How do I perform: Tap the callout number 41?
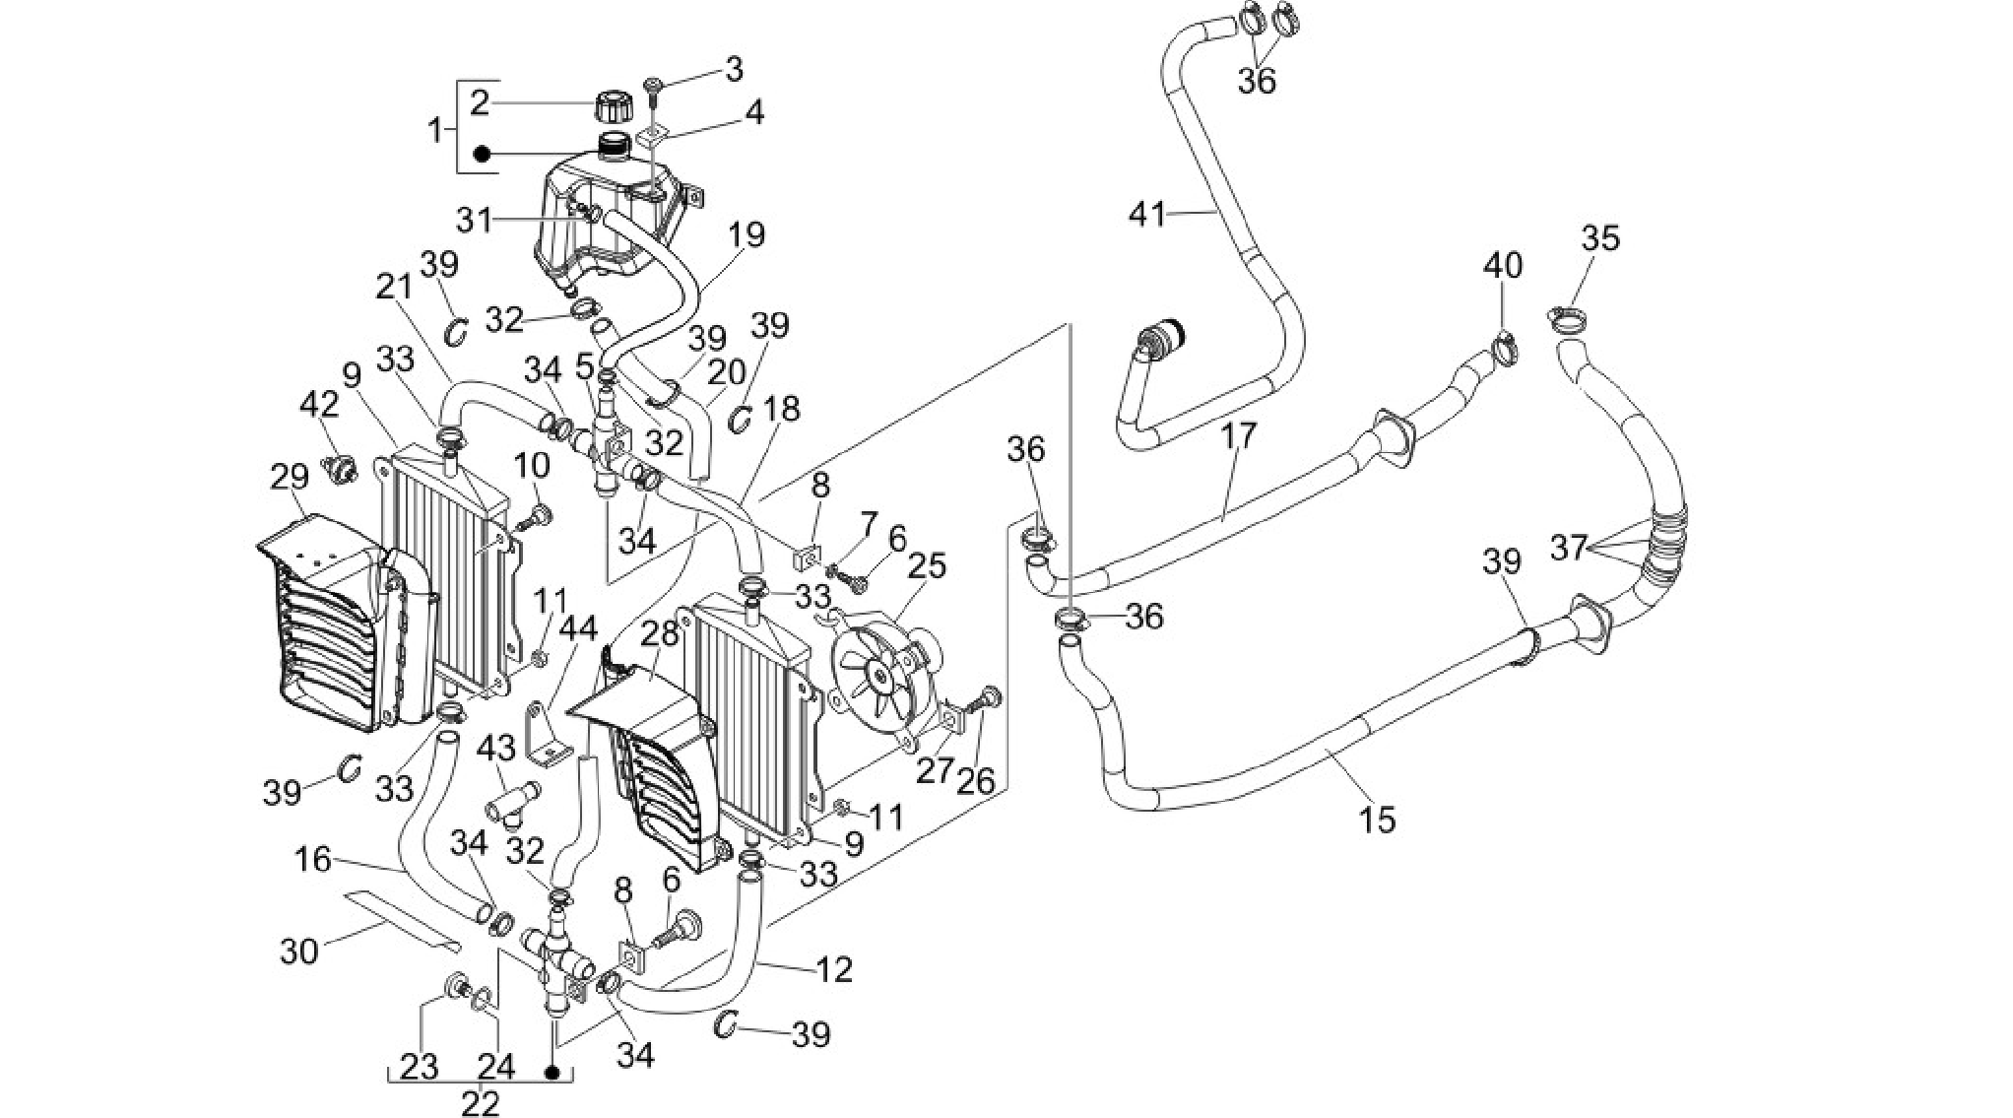point(1146,214)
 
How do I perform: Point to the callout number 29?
point(290,478)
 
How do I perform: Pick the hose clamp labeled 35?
point(1569,317)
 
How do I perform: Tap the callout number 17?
point(1239,434)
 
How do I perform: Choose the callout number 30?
point(299,953)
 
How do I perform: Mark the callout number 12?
point(833,970)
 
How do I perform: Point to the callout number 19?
point(747,236)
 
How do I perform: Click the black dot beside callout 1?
point(483,155)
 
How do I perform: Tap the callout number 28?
point(659,634)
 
